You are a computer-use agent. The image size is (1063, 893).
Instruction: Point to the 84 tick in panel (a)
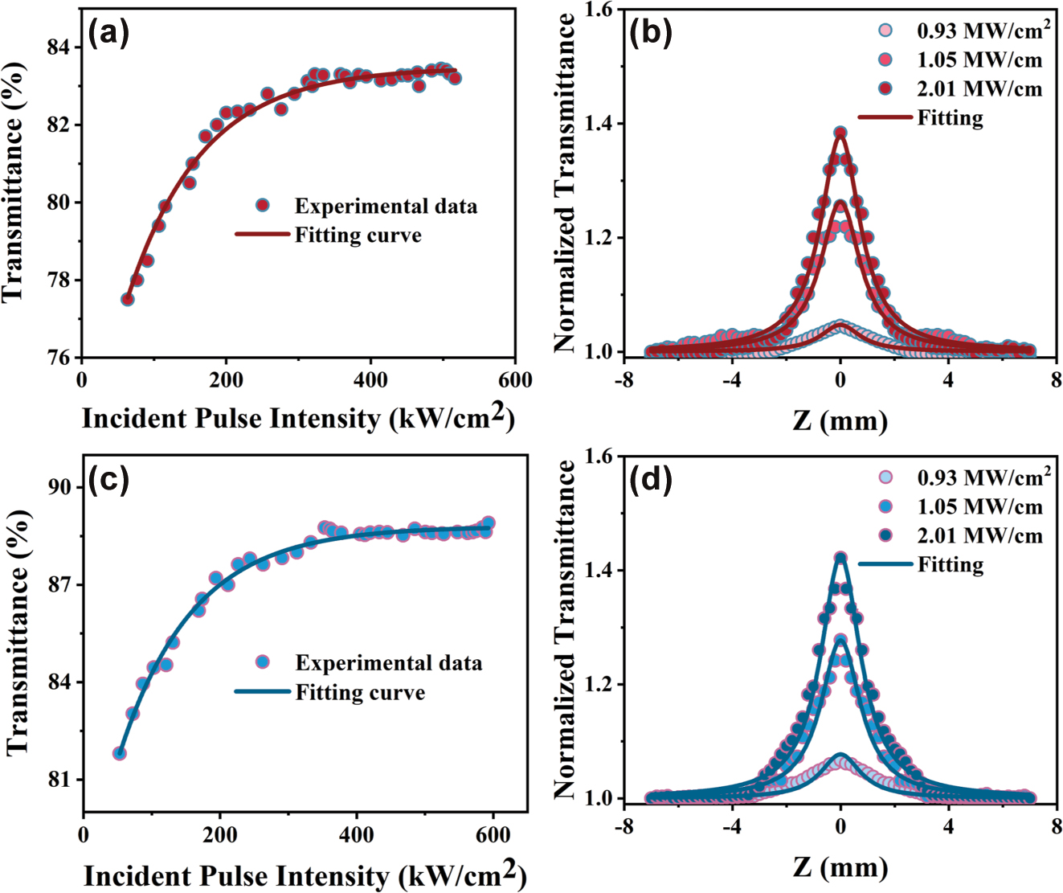coord(64,47)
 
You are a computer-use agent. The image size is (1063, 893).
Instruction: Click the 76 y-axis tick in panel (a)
coord(64,358)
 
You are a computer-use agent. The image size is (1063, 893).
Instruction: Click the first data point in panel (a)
coord(127,299)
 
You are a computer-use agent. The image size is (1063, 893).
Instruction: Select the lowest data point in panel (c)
coord(120,753)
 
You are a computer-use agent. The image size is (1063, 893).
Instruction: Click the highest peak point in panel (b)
coord(840,133)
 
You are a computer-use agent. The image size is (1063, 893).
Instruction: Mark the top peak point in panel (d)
coord(840,557)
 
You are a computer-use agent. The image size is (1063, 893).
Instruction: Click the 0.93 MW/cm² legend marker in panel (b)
coord(885,31)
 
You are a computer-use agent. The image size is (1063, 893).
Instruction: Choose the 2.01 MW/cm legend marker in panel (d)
coord(885,535)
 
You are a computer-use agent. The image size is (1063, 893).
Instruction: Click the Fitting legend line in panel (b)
coord(885,117)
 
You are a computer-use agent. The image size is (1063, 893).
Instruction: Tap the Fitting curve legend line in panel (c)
coord(262,692)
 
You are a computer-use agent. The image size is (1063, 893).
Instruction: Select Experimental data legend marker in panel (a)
coord(262,206)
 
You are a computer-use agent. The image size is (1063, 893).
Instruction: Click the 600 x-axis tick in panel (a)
coord(514,380)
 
